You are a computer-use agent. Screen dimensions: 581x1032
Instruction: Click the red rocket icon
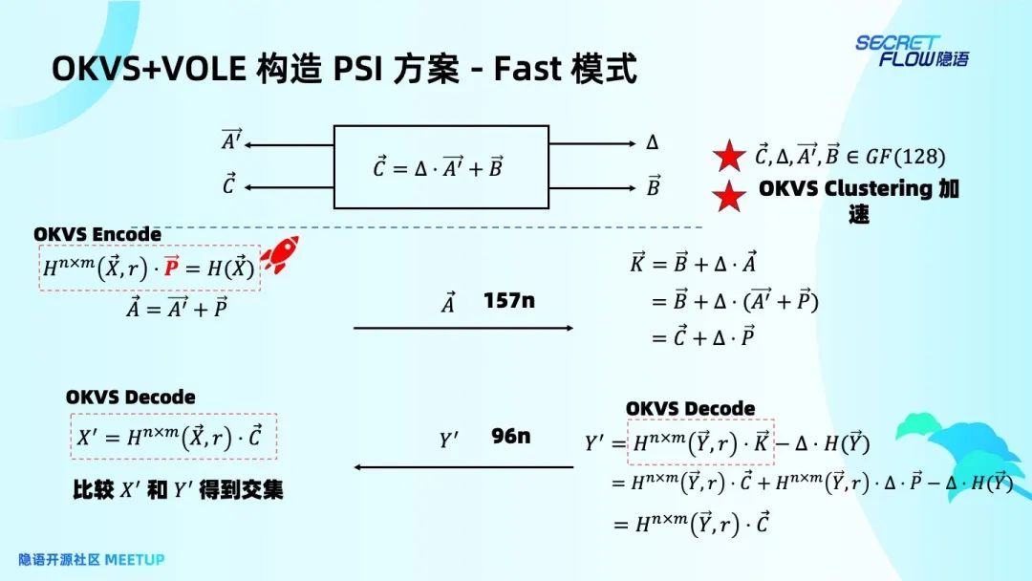click(279, 255)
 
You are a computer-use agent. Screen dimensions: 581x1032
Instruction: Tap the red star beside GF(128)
click(730, 156)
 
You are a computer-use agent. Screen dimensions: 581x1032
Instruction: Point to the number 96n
click(511, 436)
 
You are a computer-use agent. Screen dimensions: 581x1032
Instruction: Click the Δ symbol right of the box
click(653, 143)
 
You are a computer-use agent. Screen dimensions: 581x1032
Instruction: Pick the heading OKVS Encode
click(97, 234)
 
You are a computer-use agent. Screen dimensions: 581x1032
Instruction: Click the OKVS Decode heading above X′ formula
click(130, 397)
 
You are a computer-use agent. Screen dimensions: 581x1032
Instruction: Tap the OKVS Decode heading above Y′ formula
click(690, 408)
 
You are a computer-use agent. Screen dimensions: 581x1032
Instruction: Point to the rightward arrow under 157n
click(463, 328)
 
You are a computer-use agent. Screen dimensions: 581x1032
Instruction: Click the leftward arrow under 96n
click(463, 467)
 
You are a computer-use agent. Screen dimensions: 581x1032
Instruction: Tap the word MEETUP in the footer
click(135, 559)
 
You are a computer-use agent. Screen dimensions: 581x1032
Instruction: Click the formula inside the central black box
click(439, 168)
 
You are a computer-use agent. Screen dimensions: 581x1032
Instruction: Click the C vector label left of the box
click(228, 185)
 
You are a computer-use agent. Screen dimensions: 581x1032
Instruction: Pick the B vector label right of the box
click(654, 185)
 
